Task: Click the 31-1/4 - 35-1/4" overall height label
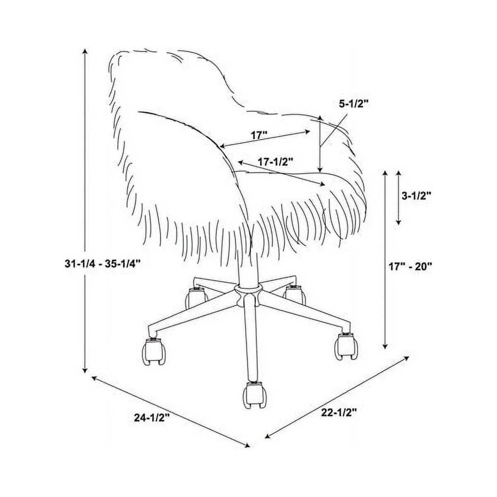(x=103, y=264)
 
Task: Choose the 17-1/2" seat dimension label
(x=275, y=162)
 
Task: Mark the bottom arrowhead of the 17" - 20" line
(x=385, y=346)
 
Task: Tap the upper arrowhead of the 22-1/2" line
(x=406, y=358)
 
